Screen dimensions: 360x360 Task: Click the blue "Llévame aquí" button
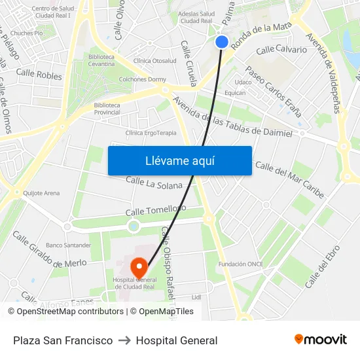[179, 160]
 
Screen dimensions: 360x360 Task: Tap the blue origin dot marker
[222, 42]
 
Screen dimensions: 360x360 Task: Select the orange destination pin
[139, 266]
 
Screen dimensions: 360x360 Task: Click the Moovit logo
[320, 340]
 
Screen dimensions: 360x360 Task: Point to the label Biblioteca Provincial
[107, 109]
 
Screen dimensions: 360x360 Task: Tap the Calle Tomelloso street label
[152, 211]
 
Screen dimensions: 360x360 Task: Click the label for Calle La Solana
[154, 183]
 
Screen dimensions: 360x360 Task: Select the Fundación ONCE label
[241, 264]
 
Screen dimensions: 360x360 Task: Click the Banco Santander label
[68, 245]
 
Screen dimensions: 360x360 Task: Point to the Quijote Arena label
[41, 193]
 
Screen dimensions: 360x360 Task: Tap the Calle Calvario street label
[281, 50]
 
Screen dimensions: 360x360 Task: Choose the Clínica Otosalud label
[154, 61]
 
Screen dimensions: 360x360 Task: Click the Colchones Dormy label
[142, 79]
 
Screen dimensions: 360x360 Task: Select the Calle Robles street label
[39, 75]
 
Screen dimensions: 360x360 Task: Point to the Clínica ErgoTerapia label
[151, 133]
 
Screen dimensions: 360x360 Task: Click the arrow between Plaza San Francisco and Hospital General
[124, 340]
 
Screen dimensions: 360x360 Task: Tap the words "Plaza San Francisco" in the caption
[63, 340]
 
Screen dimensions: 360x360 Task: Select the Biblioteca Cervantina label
[101, 61]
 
